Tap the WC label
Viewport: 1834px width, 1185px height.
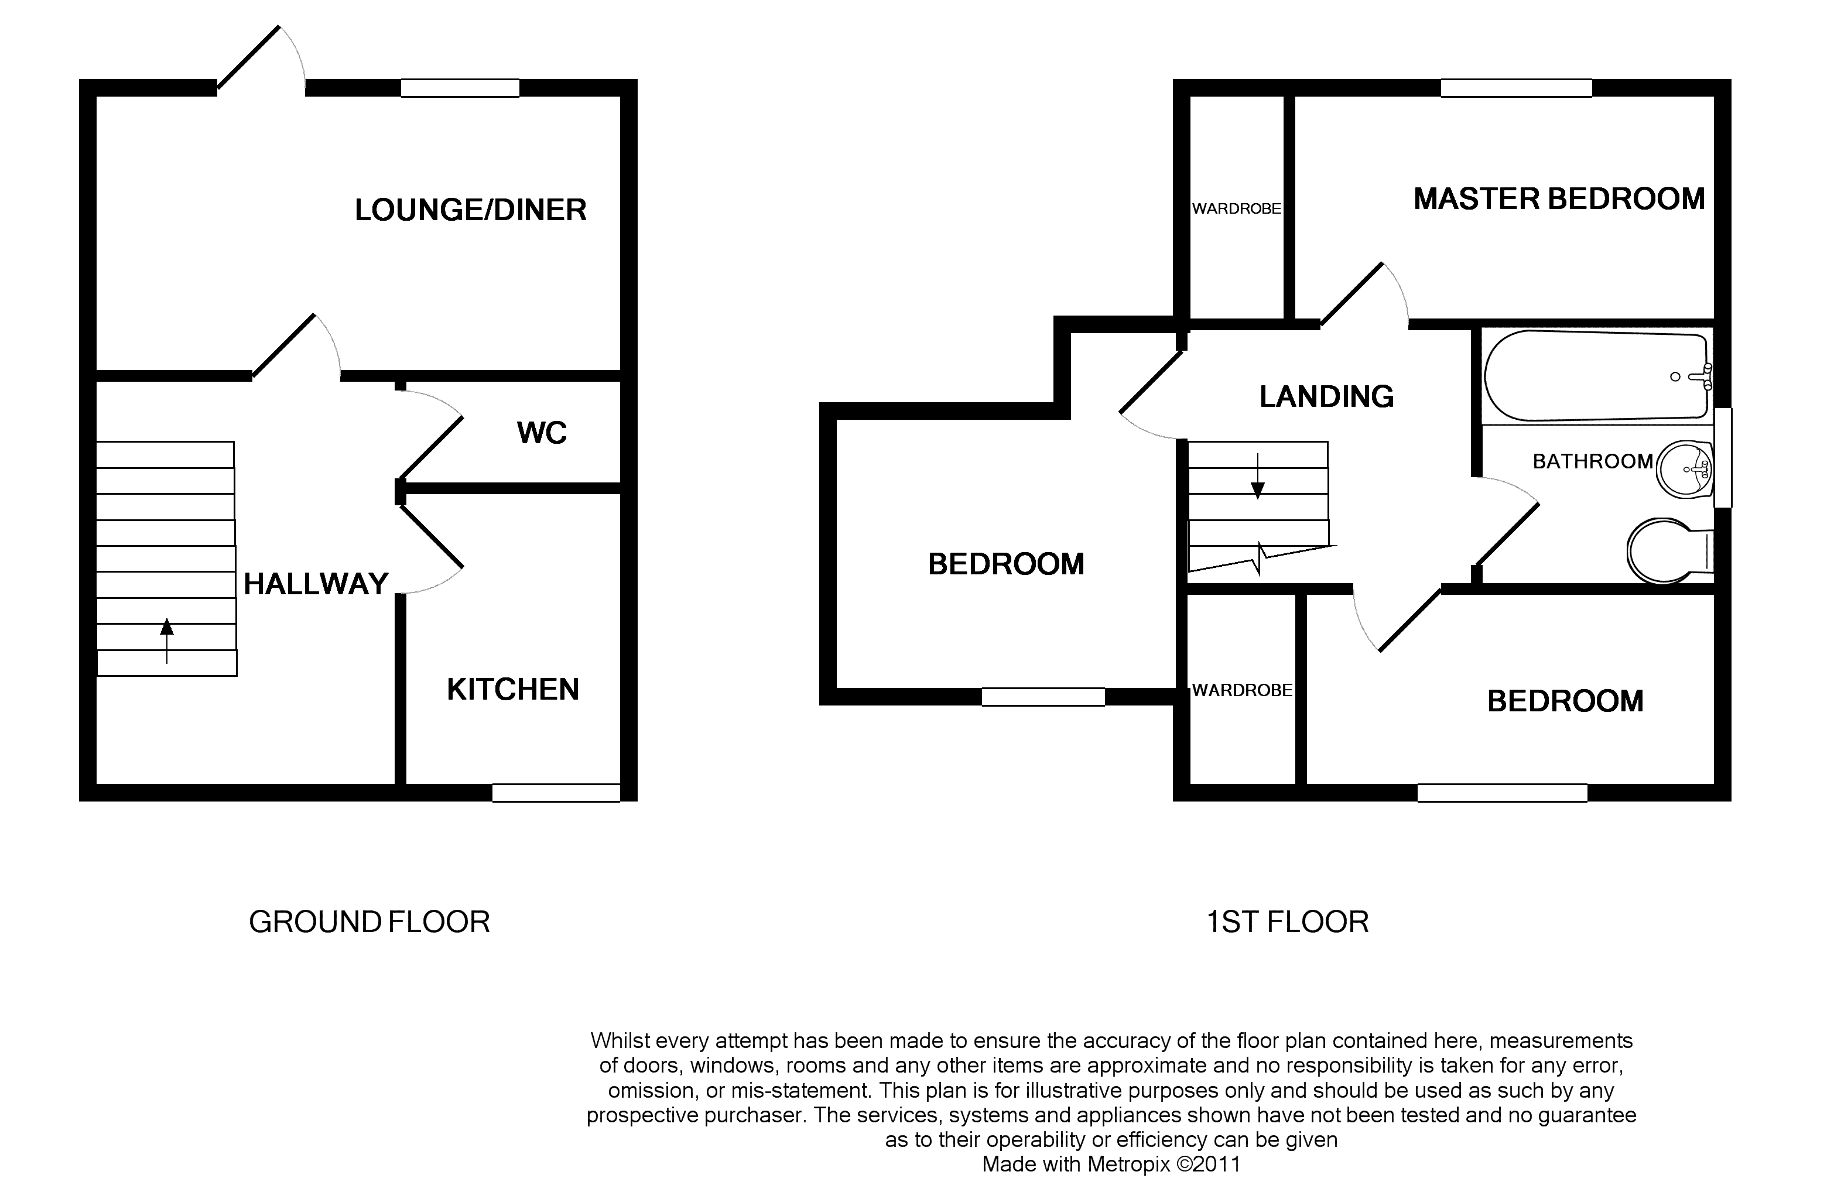point(542,433)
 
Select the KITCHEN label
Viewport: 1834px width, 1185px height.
point(512,690)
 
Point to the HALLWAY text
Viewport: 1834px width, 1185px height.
point(316,584)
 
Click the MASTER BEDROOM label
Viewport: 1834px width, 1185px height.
point(1558,199)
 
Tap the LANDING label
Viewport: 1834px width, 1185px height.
point(1326,397)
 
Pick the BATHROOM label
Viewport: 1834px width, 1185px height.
point(1592,462)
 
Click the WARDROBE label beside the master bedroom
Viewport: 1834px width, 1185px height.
point(1236,208)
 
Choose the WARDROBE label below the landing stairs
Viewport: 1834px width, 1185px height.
point(1241,691)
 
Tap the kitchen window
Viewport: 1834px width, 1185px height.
point(556,793)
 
